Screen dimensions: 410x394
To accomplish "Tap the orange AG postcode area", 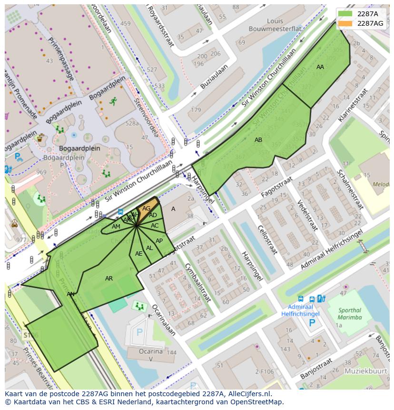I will point(147,209).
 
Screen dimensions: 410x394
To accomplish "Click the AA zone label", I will point(320,67).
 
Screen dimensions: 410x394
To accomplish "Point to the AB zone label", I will point(258,140).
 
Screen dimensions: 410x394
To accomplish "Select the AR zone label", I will point(109,279).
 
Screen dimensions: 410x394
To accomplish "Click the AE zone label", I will point(138,254).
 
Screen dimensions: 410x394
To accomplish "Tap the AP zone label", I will point(159,241).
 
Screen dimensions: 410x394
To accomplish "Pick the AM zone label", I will point(116,227).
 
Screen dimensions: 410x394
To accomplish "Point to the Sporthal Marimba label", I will point(350,314).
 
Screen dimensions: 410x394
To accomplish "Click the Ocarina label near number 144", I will point(151,351).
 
